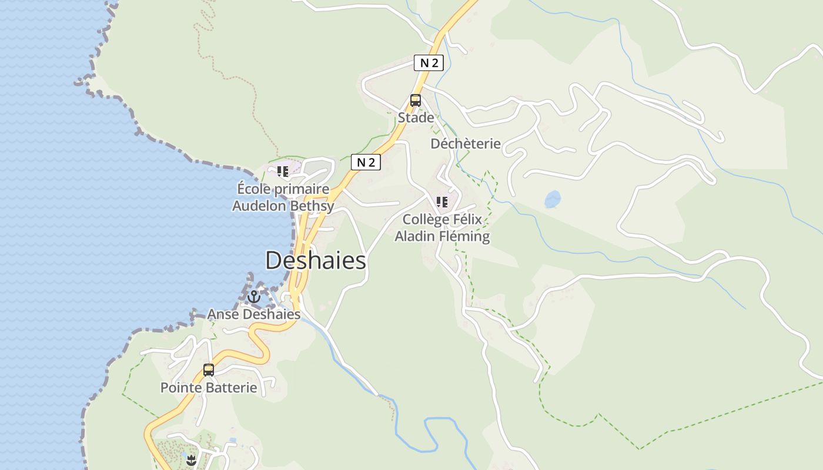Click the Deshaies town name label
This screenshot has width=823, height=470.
click(x=316, y=261)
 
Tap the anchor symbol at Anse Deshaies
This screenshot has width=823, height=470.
click(x=253, y=297)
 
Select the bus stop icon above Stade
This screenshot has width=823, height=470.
click(x=416, y=100)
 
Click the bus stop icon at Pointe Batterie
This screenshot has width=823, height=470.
click(x=209, y=370)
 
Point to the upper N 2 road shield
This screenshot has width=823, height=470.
click(x=429, y=63)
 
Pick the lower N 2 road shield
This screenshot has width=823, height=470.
click(x=366, y=162)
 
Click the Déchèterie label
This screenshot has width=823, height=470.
click(x=466, y=144)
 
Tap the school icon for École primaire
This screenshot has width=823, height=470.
click(x=283, y=172)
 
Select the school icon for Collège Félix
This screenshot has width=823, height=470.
click(x=442, y=203)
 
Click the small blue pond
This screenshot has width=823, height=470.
click(x=553, y=200)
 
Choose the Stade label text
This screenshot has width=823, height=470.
click(x=416, y=117)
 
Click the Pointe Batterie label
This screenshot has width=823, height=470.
click(x=209, y=388)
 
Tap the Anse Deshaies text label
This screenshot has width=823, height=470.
click(x=254, y=314)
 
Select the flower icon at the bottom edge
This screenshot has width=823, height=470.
click(x=190, y=461)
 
